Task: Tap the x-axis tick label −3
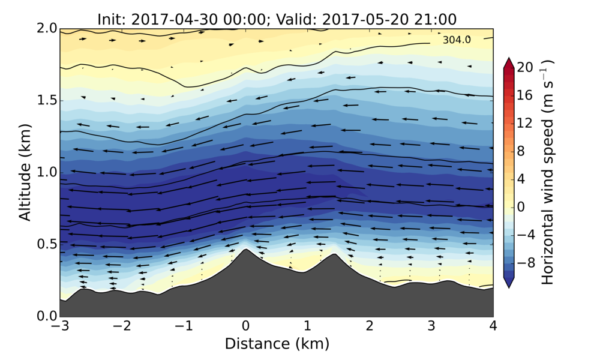click(59, 326)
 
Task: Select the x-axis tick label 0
click(245, 326)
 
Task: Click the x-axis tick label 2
click(369, 326)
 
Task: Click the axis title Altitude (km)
click(25, 172)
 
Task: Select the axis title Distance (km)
click(277, 344)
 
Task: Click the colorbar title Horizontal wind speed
click(548, 172)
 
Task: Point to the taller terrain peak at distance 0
click(245, 250)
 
